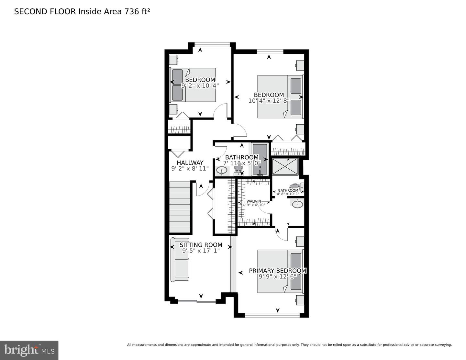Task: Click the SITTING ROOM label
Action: pyautogui.click(x=201, y=245)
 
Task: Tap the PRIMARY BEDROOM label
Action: pyautogui.click(x=277, y=271)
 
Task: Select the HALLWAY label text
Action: pyautogui.click(x=190, y=163)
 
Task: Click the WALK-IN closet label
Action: pyautogui.click(x=253, y=201)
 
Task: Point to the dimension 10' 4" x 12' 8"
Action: pyautogui.click(x=269, y=101)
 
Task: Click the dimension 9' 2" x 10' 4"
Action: pyautogui.click(x=200, y=85)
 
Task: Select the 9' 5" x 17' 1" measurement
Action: pyautogui.click(x=201, y=251)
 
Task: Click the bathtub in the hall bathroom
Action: pyautogui.click(x=260, y=160)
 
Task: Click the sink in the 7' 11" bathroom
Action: pyautogui.click(x=222, y=170)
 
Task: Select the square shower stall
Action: pyautogui.click(x=285, y=166)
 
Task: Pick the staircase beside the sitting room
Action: pyautogui.click(x=180, y=207)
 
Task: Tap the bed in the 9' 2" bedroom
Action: pyautogui.click(x=193, y=85)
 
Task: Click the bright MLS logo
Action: pyautogui.click(x=29, y=350)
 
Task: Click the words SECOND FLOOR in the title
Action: pyautogui.click(x=45, y=12)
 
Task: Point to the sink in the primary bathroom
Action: pyautogui.click(x=297, y=204)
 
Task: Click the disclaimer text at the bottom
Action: pyautogui.click(x=289, y=345)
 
